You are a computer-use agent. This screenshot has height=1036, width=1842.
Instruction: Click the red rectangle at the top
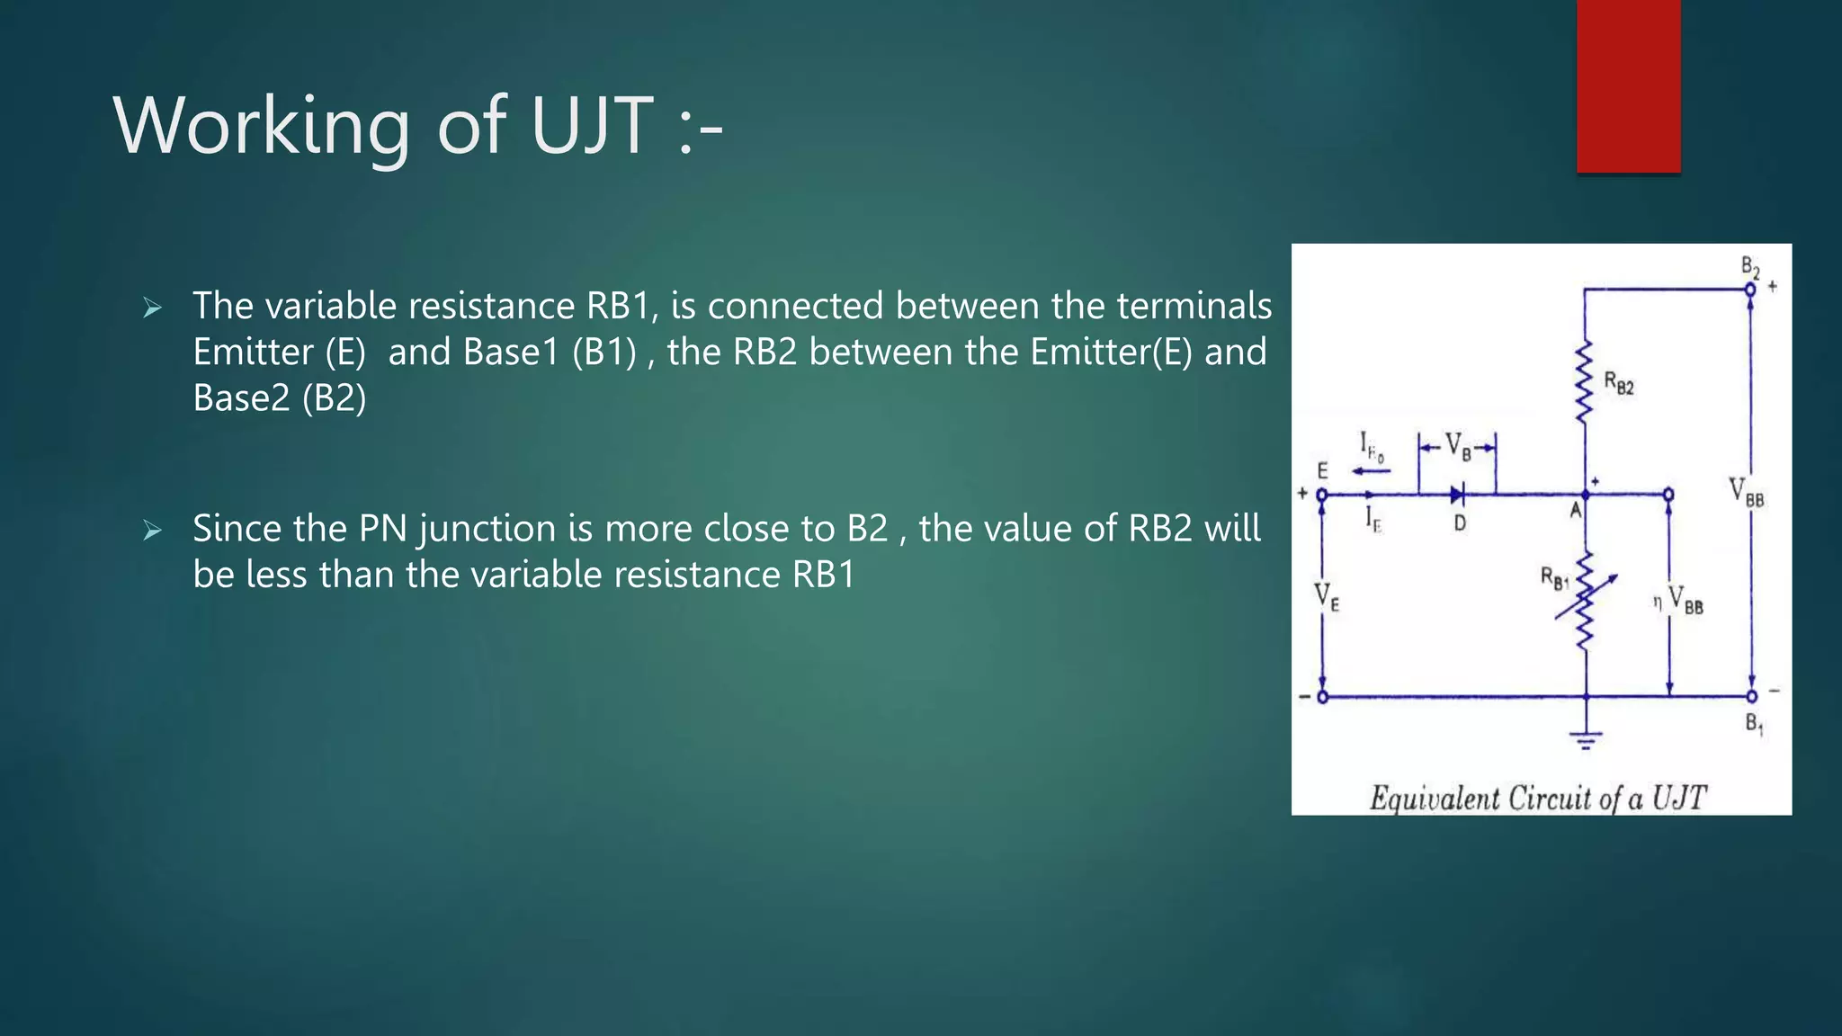1628,85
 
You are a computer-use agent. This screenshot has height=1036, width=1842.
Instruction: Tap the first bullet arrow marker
152,308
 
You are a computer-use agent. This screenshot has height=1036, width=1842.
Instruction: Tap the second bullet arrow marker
152,531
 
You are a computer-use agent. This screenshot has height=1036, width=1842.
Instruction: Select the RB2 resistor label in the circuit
1618,384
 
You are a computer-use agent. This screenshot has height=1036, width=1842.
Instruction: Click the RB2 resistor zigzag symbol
1584,382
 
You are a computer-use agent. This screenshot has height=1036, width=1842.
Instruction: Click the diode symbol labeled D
1458,494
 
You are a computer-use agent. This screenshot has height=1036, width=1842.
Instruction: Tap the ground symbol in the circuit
1586,740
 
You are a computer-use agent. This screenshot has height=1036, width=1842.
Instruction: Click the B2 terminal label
1749,267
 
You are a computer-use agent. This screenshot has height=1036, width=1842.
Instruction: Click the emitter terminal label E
1322,470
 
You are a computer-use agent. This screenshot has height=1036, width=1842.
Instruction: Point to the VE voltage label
1327,597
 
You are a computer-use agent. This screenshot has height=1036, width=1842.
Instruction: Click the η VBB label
1678,600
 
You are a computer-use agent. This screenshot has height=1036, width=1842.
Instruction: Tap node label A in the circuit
1575,511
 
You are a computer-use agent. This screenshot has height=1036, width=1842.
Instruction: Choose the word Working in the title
261,126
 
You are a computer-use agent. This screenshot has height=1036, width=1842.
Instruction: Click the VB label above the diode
1458,446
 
